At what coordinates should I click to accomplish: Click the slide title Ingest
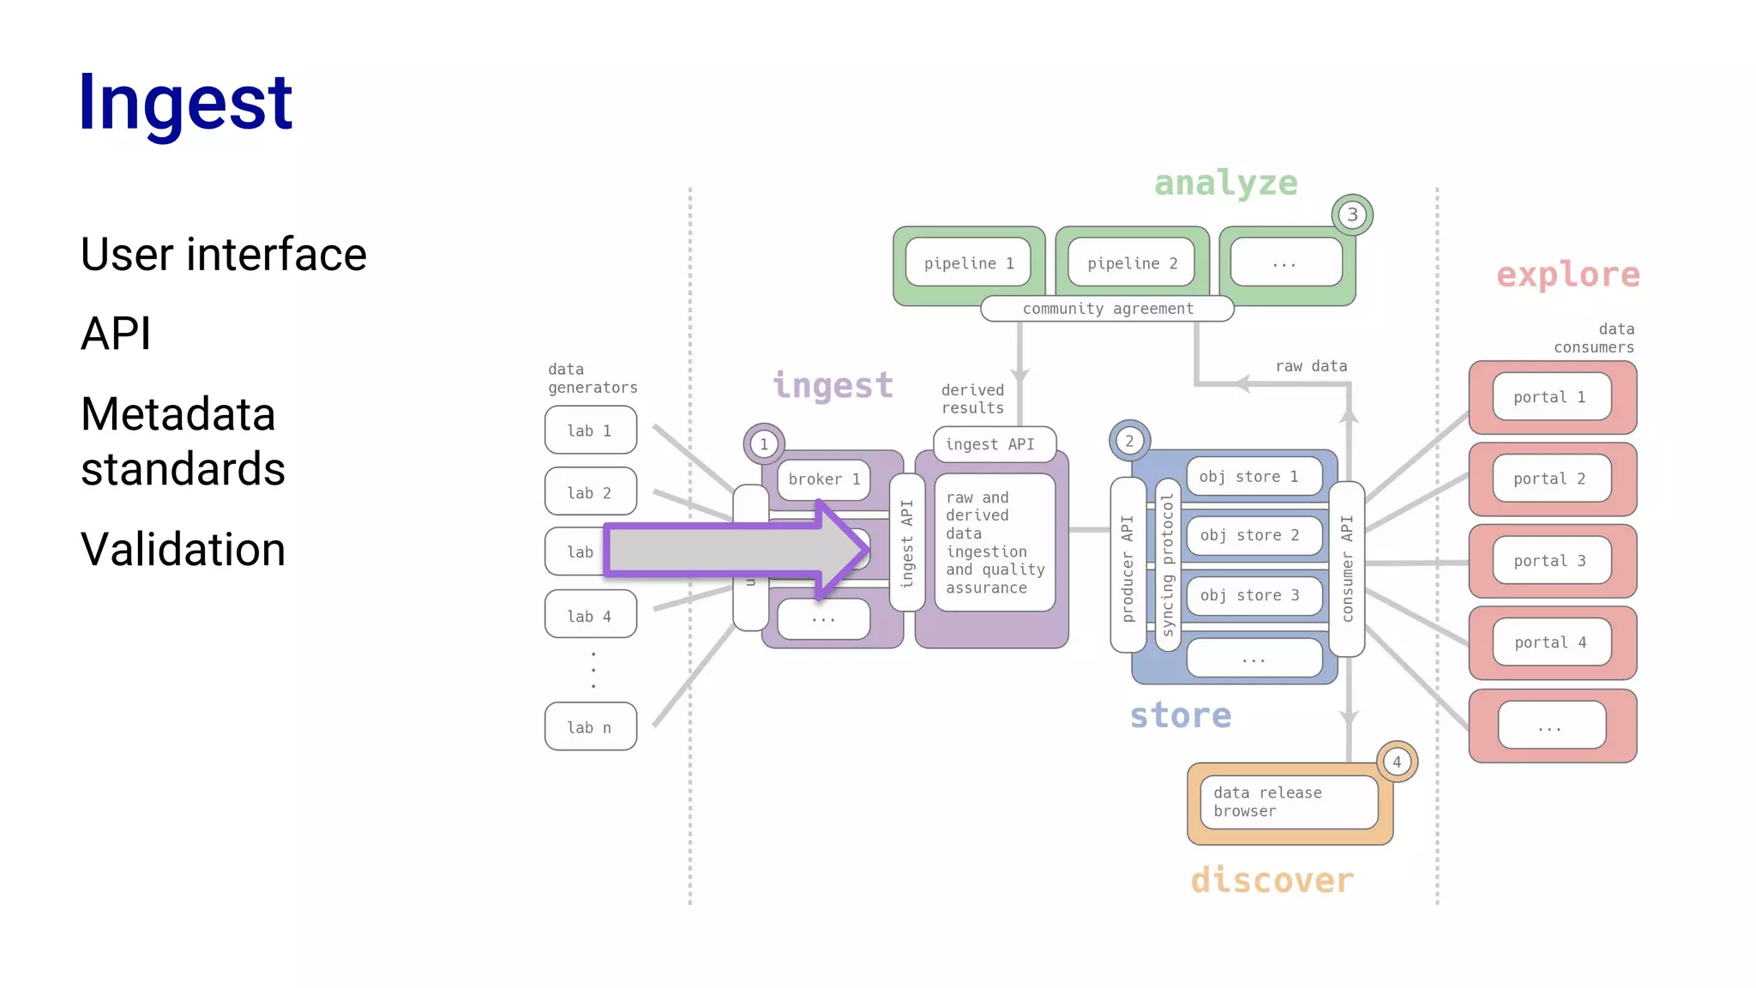tap(185, 103)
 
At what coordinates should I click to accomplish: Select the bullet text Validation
tap(183, 549)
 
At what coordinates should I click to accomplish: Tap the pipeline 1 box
tap(968, 263)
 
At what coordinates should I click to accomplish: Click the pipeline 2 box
tap(1132, 263)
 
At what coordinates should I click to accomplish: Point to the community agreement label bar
tap(1107, 309)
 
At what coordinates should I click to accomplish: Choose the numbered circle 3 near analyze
tap(1351, 214)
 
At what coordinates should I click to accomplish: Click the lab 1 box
tap(590, 431)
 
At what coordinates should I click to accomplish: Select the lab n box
tap(590, 727)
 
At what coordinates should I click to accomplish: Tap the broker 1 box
tap(823, 479)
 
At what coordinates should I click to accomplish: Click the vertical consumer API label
tap(1347, 569)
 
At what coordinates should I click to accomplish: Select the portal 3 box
tap(1550, 561)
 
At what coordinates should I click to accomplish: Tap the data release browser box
tap(1288, 802)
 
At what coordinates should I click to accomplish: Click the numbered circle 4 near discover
tap(1397, 762)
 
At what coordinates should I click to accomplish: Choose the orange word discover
tap(1272, 880)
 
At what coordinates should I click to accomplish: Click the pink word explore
tap(1567, 274)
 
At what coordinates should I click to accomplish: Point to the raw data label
tap(1310, 366)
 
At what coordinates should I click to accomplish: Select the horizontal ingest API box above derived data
tap(993, 444)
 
